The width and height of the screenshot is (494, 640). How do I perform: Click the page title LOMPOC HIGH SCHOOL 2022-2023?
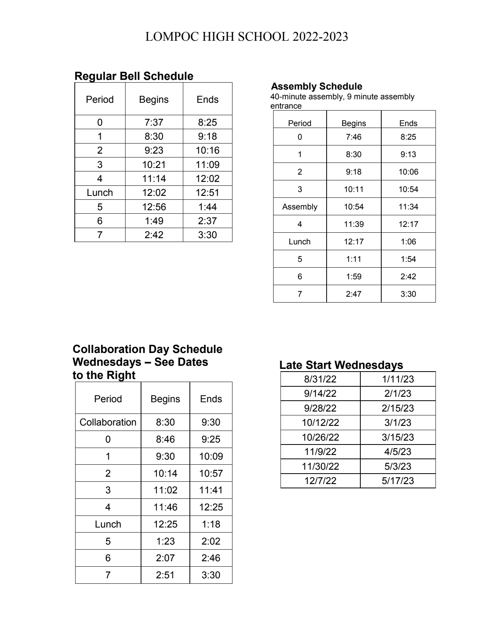pos(246,37)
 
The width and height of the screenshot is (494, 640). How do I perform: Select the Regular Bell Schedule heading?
pos(134,76)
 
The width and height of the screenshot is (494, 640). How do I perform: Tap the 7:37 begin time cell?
pos(154,123)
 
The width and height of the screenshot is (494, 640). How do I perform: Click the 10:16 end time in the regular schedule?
pos(207,150)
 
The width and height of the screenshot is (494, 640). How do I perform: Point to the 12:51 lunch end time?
pos(207,193)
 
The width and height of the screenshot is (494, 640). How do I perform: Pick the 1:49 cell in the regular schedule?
pos(154,221)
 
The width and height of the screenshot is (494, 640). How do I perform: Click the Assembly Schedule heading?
pos(317,86)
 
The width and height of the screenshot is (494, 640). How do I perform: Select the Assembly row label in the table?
pos(299,207)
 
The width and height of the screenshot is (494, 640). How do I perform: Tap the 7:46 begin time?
pos(353,137)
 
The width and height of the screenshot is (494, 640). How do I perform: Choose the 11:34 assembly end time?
pos(408,207)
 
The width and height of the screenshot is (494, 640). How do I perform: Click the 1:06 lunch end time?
pos(408,242)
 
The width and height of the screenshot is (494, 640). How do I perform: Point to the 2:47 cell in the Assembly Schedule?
pos(353,294)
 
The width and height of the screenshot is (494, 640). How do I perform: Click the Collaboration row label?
pos(108,422)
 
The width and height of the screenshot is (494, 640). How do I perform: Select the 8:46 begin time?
pos(165,439)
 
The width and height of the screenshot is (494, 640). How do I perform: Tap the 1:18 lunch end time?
pos(211,524)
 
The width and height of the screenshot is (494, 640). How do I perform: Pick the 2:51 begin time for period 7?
pos(165,575)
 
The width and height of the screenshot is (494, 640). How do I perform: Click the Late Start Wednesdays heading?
pos(341,365)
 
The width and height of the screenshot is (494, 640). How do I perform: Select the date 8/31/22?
pos(320,379)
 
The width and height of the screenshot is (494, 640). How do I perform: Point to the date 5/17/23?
pos(398,481)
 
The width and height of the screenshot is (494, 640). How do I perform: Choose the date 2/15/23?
pos(398,408)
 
